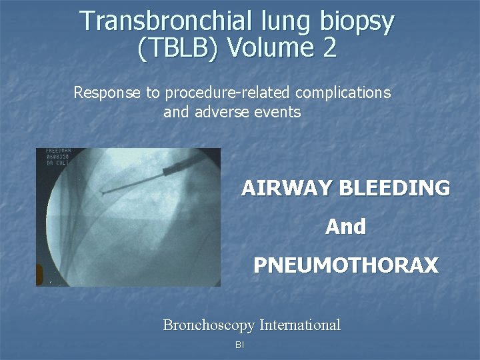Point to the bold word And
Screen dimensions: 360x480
[x=345, y=227]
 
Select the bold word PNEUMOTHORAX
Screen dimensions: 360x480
[x=345, y=266]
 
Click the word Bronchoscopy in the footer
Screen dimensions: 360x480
[x=209, y=325]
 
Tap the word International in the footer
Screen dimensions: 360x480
[x=299, y=325]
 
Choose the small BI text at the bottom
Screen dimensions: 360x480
[x=240, y=345]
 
